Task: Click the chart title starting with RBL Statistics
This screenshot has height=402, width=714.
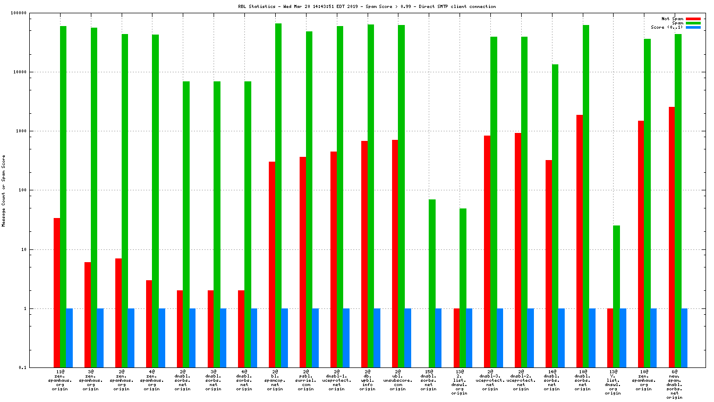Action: point(367,6)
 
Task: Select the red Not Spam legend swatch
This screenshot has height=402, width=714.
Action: point(693,19)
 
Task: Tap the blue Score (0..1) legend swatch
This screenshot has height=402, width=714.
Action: point(693,27)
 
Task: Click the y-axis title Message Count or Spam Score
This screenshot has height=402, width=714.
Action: point(4,190)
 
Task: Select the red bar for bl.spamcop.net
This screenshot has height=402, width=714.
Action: point(272,264)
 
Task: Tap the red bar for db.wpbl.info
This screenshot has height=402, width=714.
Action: point(364,254)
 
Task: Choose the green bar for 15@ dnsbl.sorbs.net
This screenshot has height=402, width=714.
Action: point(432,283)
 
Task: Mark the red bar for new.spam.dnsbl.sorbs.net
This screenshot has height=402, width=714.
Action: point(671,237)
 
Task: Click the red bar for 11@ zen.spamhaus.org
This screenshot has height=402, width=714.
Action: point(57,292)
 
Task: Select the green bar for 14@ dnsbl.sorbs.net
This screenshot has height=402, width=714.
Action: point(555,216)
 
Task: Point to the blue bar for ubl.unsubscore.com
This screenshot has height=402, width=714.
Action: point(407,338)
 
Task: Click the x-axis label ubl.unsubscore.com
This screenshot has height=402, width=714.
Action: point(398,381)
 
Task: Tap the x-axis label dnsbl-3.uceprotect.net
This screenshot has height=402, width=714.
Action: point(490,381)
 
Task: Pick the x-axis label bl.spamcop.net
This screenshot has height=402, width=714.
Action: point(275,381)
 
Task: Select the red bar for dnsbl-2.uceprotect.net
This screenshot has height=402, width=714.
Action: point(517,250)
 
